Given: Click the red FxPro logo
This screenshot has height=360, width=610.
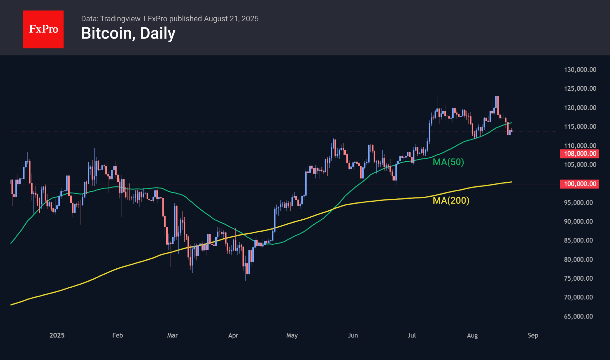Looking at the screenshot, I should (x=43, y=29).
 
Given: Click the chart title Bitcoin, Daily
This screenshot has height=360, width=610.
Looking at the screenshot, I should (x=128, y=33).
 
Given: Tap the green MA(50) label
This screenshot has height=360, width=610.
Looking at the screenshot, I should (x=448, y=162).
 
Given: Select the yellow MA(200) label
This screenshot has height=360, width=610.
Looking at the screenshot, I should (x=451, y=200).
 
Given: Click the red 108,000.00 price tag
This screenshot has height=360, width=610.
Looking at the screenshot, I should (x=579, y=154).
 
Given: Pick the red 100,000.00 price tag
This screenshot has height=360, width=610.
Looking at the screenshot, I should (x=579, y=184).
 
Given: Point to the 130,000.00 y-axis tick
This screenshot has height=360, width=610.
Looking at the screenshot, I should (x=580, y=70).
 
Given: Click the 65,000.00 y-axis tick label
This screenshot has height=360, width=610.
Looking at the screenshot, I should (x=578, y=317).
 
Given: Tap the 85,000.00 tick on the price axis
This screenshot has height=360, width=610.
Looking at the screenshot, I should (x=578, y=240).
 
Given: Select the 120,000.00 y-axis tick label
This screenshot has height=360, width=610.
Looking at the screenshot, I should (x=580, y=108).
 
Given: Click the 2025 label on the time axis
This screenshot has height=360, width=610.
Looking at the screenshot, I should (x=57, y=335).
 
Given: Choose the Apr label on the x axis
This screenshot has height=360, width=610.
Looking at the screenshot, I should (x=233, y=335).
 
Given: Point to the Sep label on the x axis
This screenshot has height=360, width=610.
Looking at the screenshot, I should (x=533, y=335).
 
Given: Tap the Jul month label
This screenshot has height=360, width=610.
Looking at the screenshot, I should (x=411, y=335).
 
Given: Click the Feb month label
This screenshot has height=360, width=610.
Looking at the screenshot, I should (x=118, y=335).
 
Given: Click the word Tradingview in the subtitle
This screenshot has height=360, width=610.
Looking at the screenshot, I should (x=120, y=19).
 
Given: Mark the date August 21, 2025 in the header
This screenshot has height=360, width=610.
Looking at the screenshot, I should (x=231, y=19).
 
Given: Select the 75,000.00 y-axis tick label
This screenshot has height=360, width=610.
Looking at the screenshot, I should (x=578, y=278).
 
